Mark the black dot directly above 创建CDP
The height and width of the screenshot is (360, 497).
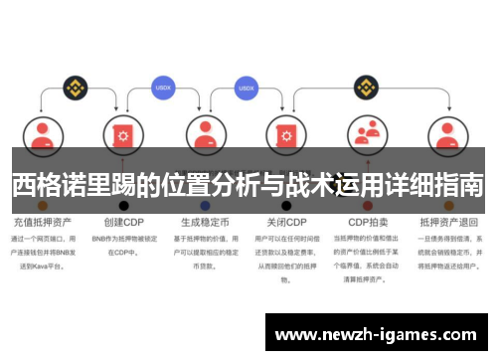pyautogui.click(x=123, y=205)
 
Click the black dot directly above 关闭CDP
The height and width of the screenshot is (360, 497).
pyautogui.click(x=286, y=205)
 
